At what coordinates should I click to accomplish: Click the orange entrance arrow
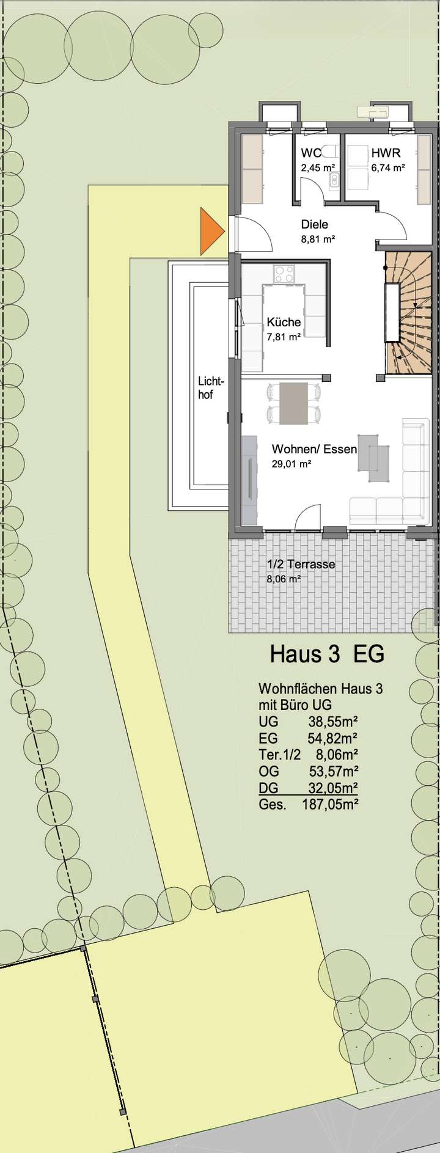[x=211, y=231]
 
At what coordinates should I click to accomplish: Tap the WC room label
[x=311, y=153]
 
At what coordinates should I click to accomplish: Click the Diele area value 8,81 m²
[x=317, y=240]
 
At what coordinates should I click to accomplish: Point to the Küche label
[x=284, y=322]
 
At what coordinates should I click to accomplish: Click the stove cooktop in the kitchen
[x=284, y=273]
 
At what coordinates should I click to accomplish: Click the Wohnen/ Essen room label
[x=314, y=449]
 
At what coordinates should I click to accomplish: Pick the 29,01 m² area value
[x=291, y=464]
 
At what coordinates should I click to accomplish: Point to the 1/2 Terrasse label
[x=301, y=564]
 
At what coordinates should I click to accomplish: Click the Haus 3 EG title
[x=327, y=654]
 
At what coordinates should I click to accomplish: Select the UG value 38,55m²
[x=332, y=722]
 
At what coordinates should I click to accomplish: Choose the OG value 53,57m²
[x=332, y=771]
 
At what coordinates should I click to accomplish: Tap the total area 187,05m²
[x=330, y=805]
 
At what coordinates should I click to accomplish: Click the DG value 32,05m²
[x=332, y=788]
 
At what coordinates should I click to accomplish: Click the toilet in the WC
[x=331, y=152]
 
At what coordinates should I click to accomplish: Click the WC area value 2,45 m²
[x=317, y=167]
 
